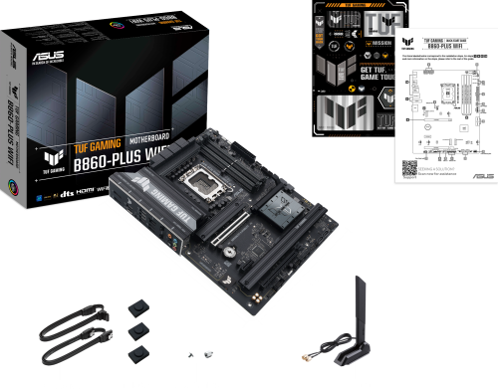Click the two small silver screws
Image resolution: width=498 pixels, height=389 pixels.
(199, 352)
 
